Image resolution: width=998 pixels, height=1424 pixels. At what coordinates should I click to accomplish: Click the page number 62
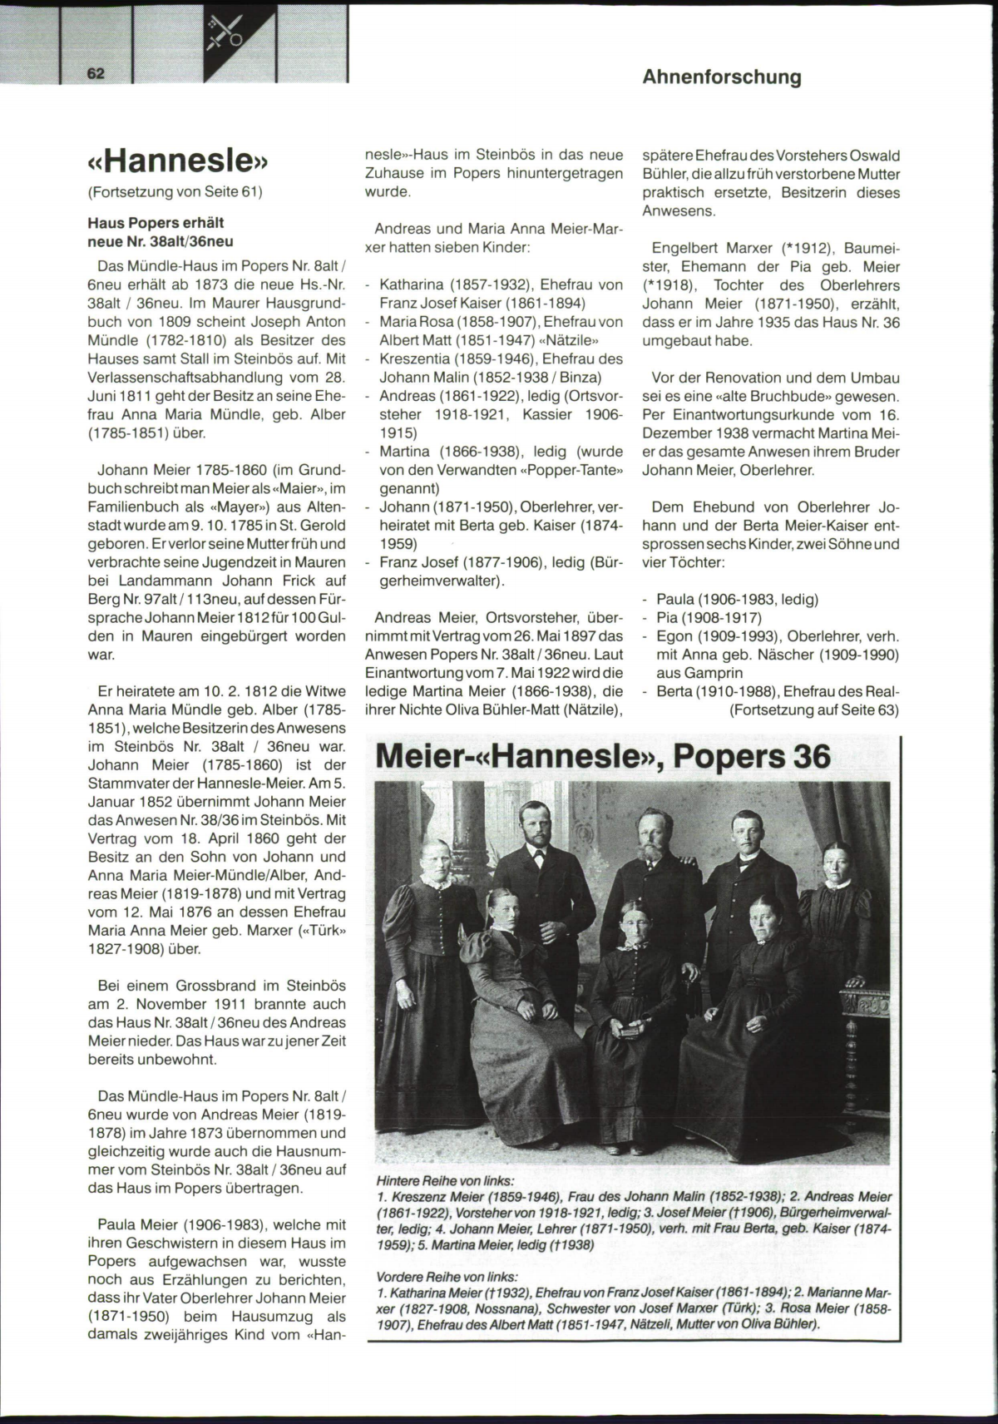pyautogui.click(x=95, y=73)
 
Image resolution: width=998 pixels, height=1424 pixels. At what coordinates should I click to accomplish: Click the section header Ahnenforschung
pyautogui.click(x=722, y=77)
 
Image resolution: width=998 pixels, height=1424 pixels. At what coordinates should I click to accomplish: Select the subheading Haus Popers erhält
pyautogui.click(x=156, y=223)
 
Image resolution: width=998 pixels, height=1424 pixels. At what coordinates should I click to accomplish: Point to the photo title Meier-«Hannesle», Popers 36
pyautogui.click(x=603, y=756)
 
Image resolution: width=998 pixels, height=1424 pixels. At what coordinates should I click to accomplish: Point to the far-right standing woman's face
pyautogui.click(x=837, y=864)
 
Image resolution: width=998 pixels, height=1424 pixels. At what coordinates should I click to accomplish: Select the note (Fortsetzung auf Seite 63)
pyautogui.click(x=814, y=710)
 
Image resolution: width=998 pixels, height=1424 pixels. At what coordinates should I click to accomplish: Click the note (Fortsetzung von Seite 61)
pyautogui.click(x=175, y=192)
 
